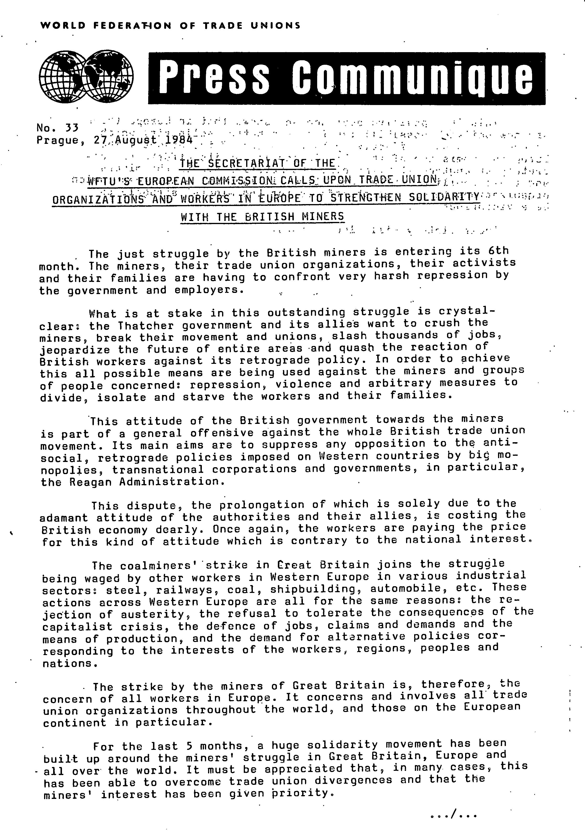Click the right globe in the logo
pos(109,76)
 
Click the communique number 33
pos(72,128)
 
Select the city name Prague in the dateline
pos(58,140)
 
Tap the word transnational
pos(158,470)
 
